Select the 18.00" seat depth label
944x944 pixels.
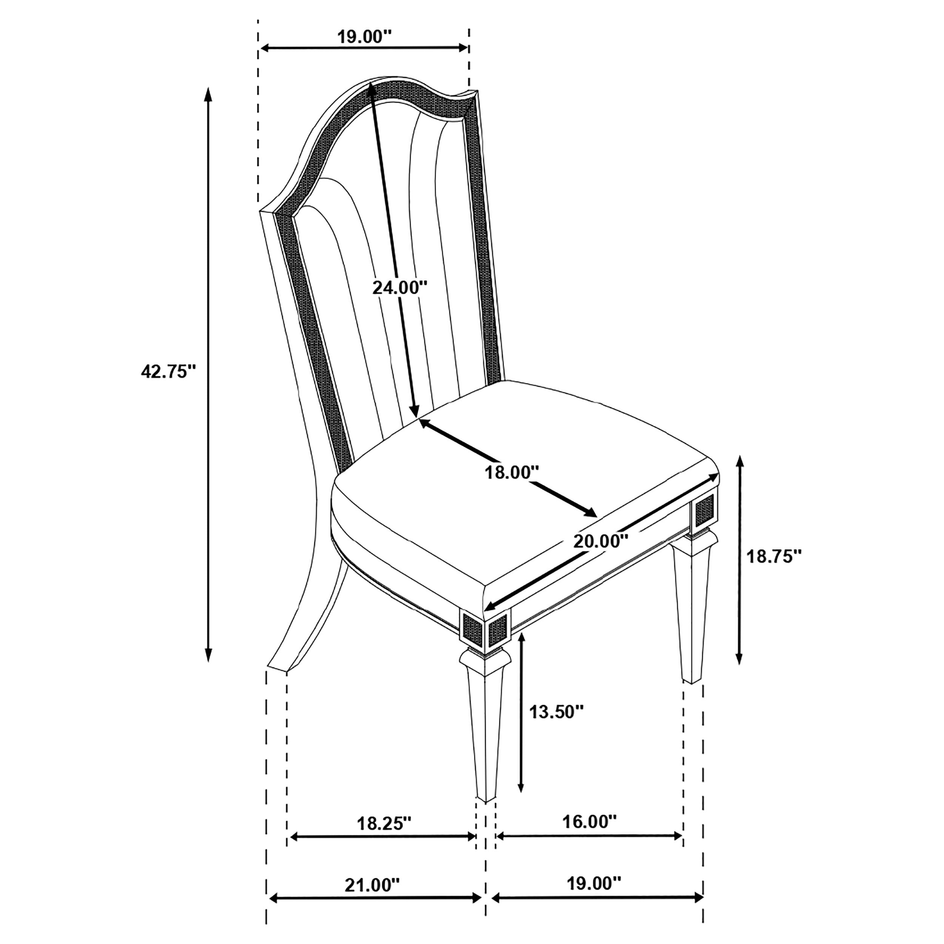(x=512, y=472)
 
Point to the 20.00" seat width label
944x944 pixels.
(x=600, y=541)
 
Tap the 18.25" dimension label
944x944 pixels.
(x=384, y=823)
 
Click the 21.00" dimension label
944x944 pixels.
(x=372, y=885)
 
